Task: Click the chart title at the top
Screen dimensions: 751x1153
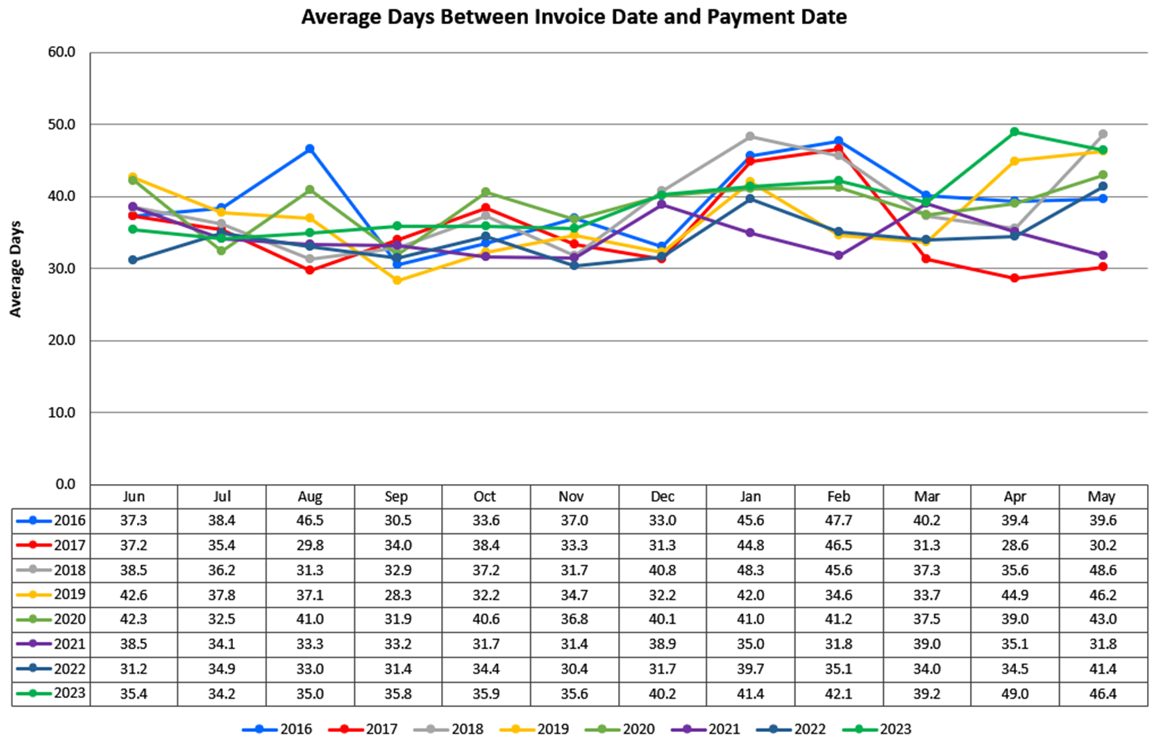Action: click(x=573, y=17)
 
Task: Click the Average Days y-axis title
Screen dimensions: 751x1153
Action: click(x=16, y=268)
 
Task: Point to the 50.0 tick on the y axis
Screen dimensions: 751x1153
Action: click(x=62, y=125)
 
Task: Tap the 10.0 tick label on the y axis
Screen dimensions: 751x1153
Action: click(x=62, y=413)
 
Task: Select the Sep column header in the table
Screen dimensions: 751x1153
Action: click(x=396, y=497)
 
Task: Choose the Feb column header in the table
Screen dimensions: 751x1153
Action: click(x=838, y=497)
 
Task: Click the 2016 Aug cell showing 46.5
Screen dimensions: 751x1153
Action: click(x=309, y=521)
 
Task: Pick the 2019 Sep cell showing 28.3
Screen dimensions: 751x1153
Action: click(x=397, y=595)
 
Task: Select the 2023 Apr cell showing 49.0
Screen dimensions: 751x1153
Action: click(x=1015, y=694)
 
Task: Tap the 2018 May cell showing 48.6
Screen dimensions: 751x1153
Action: click(x=1102, y=570)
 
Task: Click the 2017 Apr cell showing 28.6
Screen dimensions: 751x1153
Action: click(x=1015, y=545)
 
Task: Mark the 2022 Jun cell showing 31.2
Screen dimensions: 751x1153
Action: click(x=133, y=669)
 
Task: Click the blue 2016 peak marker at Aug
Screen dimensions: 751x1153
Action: click(x=309, y=149)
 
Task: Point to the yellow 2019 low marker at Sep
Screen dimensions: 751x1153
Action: click(x=397, y=281)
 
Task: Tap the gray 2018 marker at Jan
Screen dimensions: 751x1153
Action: click(x=750, y=136)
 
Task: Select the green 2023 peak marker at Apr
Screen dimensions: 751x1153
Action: click(x=1015, y=132)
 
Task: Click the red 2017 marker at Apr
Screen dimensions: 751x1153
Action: click(x=1015, y=278)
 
